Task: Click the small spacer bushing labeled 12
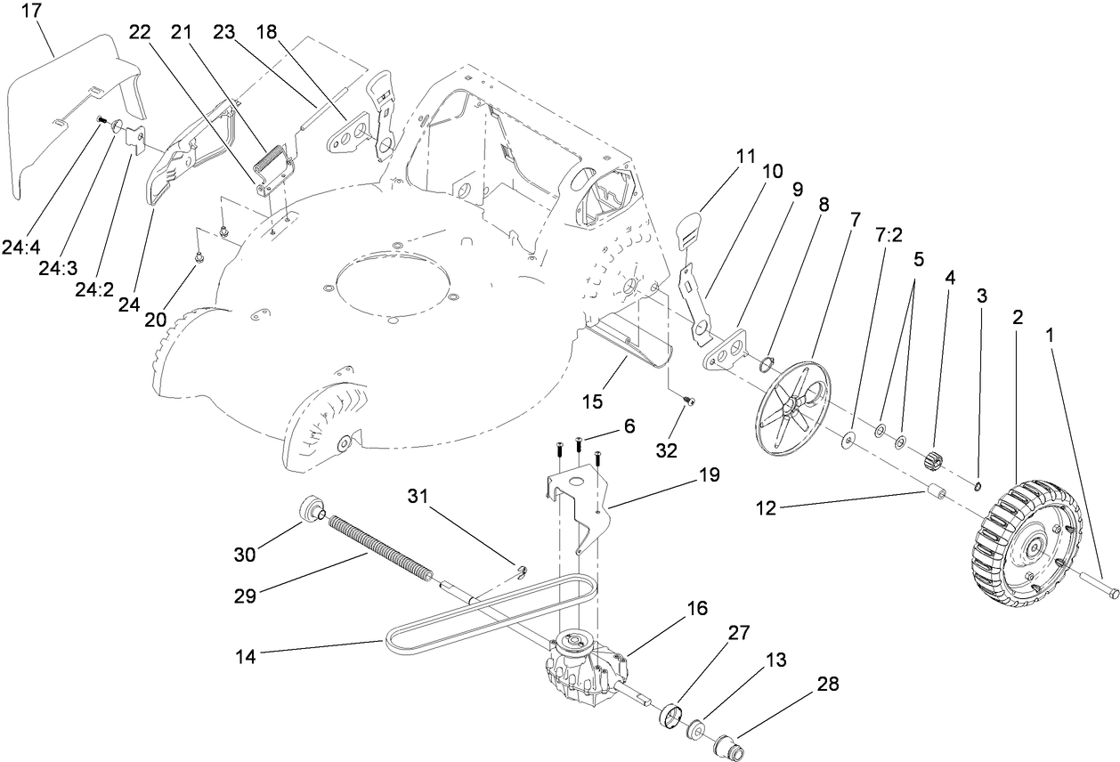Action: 936,491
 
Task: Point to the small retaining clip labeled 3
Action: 977,485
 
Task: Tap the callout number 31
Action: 424,495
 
